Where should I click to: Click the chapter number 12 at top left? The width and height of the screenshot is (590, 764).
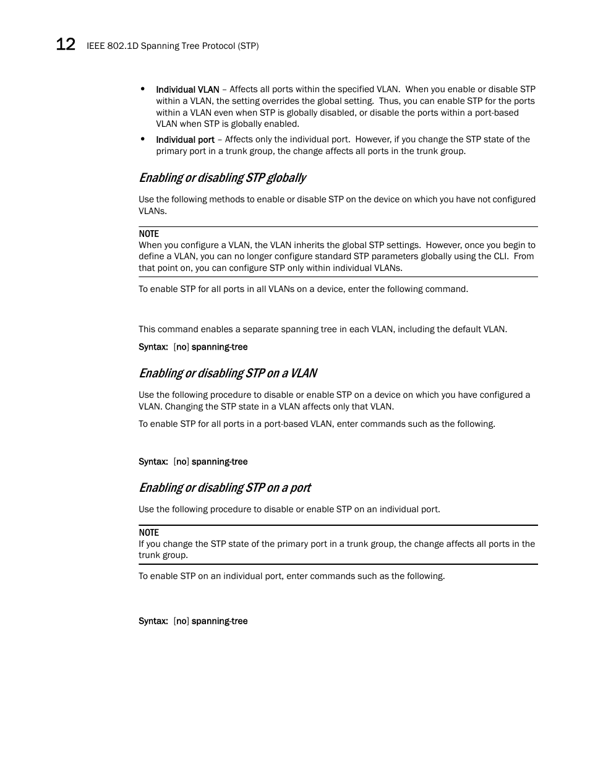66,45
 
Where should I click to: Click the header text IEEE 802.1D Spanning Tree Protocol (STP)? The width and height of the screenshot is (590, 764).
173,46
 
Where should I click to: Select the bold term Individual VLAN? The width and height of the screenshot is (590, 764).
187,90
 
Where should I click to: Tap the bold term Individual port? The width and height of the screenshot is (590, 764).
185,140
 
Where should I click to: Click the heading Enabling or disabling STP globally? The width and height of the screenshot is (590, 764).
222,178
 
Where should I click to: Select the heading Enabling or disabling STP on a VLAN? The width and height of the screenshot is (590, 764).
228,373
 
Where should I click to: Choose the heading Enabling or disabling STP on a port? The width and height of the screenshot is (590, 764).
224,488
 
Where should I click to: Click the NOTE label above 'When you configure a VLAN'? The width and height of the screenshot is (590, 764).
148,234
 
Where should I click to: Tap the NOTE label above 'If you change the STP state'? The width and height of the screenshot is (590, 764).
148,533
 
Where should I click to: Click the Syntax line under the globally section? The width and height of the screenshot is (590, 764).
193,347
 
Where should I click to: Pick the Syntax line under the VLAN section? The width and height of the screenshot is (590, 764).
193,461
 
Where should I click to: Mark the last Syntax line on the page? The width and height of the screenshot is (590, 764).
193,621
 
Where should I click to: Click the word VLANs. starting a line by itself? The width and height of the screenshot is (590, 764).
152,211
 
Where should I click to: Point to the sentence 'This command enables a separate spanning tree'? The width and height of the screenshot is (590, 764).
322,329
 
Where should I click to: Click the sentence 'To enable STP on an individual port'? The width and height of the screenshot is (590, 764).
291,576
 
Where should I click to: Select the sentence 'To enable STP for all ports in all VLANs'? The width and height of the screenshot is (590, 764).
303,289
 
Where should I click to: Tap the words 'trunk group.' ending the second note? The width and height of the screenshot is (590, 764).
163,555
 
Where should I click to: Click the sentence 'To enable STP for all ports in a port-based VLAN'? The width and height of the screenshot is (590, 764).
317,424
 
